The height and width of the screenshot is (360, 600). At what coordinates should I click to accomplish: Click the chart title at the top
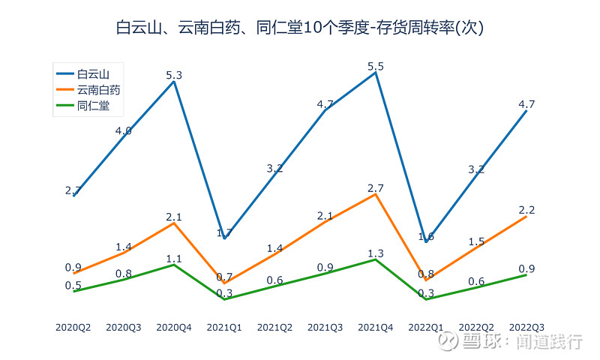click(300, 28)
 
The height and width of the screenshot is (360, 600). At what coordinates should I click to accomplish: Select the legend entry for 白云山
click(93, 73)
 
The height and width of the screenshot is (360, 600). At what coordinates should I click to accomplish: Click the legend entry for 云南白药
click(98, 90)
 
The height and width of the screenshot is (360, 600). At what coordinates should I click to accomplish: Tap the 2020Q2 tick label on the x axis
click(73, 327)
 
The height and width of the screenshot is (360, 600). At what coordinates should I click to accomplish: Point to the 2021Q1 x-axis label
click(224, 327)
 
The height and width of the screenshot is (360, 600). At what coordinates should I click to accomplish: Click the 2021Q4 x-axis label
click(376, 327)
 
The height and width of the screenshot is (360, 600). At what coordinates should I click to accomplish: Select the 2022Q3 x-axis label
click(526, 327)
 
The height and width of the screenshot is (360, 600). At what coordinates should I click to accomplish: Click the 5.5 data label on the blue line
click(376, 67)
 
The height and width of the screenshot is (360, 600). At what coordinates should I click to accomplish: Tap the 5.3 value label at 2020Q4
click(174, 75)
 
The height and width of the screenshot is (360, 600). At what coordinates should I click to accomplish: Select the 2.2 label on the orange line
click(526, 210)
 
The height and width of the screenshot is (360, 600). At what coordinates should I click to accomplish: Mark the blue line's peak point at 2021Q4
click(376, 73)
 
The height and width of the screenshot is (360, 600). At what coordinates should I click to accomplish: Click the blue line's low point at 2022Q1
click(426, 241)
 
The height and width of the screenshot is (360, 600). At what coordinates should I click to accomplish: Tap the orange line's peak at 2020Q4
click(174, 223)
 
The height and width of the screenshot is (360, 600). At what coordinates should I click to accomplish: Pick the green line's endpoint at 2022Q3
click(526, 274)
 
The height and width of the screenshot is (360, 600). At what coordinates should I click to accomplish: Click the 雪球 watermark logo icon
click(448, 341)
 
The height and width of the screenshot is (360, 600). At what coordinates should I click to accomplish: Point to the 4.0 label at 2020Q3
click(124, 131)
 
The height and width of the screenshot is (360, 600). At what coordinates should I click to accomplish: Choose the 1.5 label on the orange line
click(476, 241)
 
